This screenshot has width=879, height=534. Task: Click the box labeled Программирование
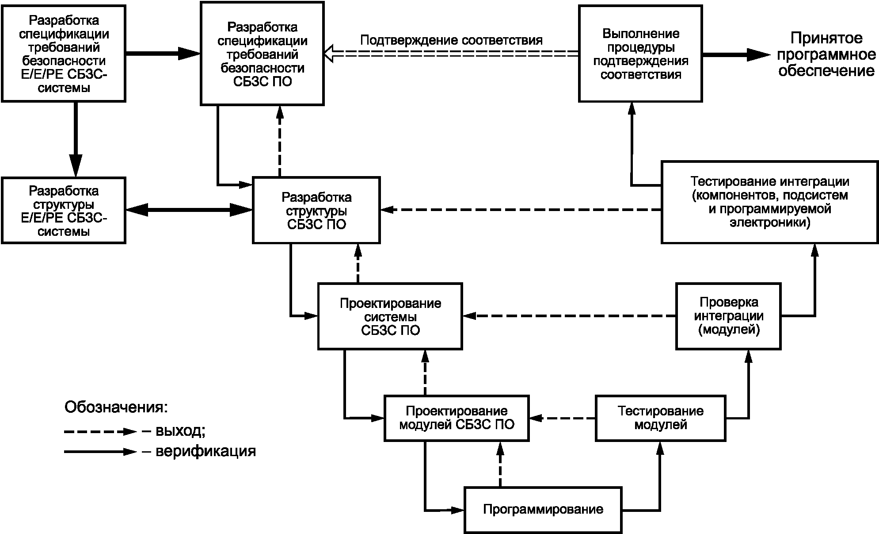(x=543, y=510)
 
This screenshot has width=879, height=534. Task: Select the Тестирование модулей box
(x=661, y=418)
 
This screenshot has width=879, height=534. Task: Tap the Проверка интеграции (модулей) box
(x=729, y=316)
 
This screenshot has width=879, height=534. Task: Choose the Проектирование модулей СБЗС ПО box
(x=457, y=418)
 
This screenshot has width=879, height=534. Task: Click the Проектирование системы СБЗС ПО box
(x=390, y=316)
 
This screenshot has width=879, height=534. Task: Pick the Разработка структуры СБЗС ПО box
(x=316, y=210)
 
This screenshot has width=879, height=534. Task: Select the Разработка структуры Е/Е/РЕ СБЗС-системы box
(x=64, y=210)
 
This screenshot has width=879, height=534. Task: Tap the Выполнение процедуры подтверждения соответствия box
(x=641, y=54)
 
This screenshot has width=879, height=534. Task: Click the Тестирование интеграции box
(x=769, y=202)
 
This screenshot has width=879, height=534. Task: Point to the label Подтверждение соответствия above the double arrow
(x=451, y=40)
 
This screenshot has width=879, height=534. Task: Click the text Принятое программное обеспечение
(x=826, y=54)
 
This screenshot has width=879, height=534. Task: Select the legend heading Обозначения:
(x=116, y=407)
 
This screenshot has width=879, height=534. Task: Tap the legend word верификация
(x=205, y=451)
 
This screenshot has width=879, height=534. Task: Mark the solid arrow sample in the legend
(x=101, y=452)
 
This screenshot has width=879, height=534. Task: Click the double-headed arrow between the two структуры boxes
(x=189, y=210)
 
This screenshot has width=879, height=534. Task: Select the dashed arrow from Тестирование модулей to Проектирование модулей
(x=563, y=418)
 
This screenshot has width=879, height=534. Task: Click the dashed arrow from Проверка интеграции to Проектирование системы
(x=570, y=316)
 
